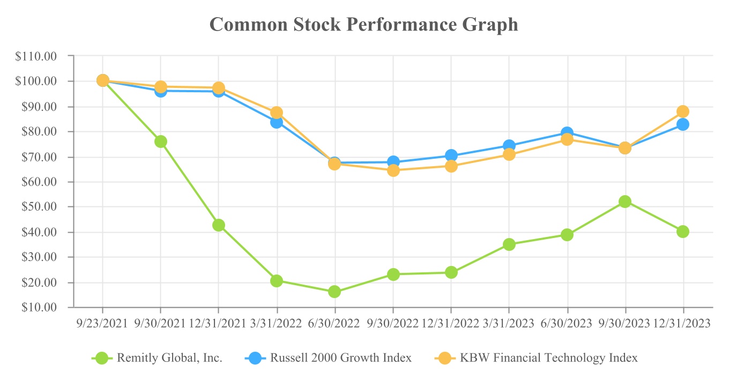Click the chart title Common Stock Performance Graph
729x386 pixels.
(x=364, y=24)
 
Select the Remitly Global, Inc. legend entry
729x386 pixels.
(x=169, y=358)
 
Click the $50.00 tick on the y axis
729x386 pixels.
(x=47, y=207)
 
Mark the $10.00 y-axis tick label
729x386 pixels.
(x=47, y=308)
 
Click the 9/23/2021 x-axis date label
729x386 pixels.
(x=102, y=323)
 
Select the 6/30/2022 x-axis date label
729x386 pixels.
(x=335, y=323)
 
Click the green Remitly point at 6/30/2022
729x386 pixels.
(x=334, y=292)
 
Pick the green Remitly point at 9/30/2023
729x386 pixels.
(x=625, y=202)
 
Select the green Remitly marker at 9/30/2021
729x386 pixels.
(x=161, y=142)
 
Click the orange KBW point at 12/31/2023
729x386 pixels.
(x=683, y=112)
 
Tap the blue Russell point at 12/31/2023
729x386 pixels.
(x=683, y=124)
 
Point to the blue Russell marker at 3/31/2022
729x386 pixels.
(x=277, y=122)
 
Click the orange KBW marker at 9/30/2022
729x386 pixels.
(x=393, y=170)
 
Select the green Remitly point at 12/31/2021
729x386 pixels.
(x=219, y=225)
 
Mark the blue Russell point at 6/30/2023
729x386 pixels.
(x=567, y=132)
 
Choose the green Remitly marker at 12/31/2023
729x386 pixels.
(x=683, y=232)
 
